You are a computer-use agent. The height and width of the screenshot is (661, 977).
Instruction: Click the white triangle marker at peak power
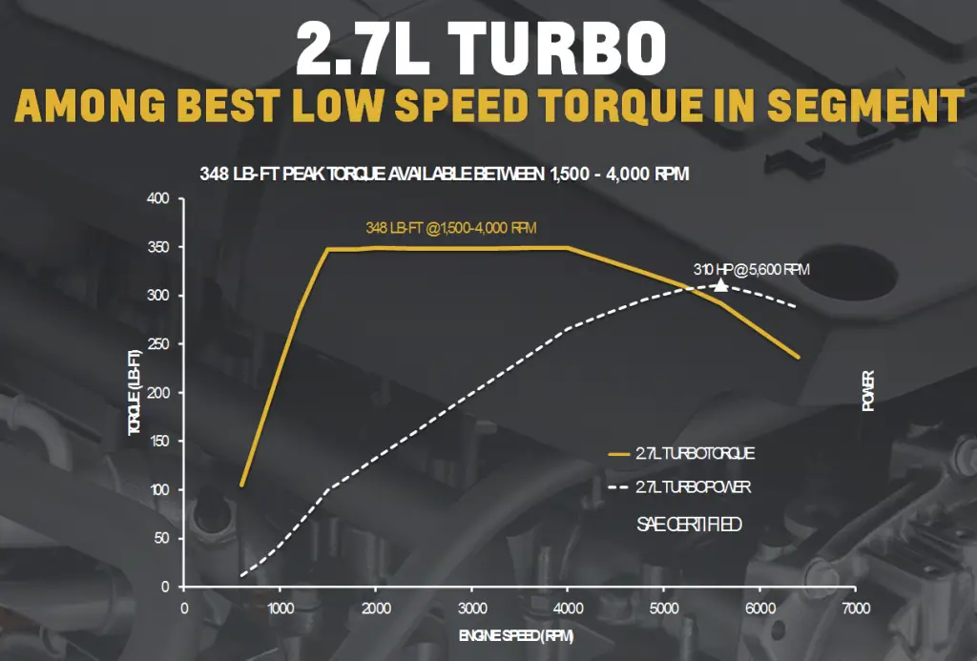[720, 284]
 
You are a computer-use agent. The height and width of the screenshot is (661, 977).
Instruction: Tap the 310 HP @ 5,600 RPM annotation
[751, 270]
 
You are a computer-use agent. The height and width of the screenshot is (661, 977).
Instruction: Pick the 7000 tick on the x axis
[856, 608]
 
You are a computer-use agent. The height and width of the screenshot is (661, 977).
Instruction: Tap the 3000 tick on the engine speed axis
[472, 608]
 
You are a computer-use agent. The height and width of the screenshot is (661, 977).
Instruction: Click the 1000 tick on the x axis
[280, 608]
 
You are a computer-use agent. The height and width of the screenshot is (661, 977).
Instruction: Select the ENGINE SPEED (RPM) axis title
[517, 635]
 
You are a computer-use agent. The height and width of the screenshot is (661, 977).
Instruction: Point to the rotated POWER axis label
[868, 391]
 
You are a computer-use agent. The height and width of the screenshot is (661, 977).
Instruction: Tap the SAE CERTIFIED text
[688, 525]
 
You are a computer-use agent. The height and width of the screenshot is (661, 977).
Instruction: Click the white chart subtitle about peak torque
[444, 175]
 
